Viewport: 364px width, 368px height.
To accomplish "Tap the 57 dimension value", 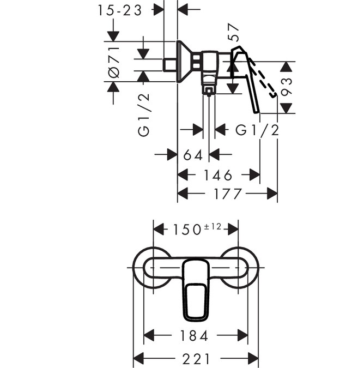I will pos(235,34).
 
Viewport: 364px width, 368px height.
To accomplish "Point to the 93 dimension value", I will pos(287,87).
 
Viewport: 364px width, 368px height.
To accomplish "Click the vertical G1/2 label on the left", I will pos(143,114).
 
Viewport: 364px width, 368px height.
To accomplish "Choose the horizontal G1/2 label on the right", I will pos(257,130).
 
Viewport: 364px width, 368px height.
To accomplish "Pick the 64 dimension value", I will pos(193,155).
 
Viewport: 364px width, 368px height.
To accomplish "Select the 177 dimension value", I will pos(225,194).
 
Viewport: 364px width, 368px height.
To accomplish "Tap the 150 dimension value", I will pos(187,229).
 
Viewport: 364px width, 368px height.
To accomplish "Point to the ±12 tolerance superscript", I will pos(213,226).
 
